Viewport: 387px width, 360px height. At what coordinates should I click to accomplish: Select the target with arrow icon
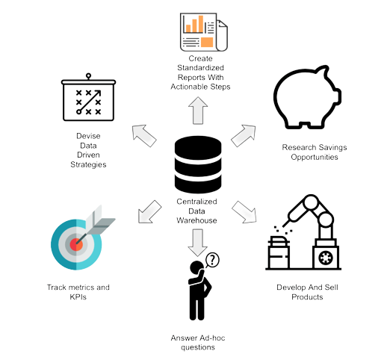tap(81, 239)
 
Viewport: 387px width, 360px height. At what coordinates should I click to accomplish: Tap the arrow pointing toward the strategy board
tap(143, 135)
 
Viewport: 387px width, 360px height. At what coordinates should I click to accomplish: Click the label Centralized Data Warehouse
tap(193, 211)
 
